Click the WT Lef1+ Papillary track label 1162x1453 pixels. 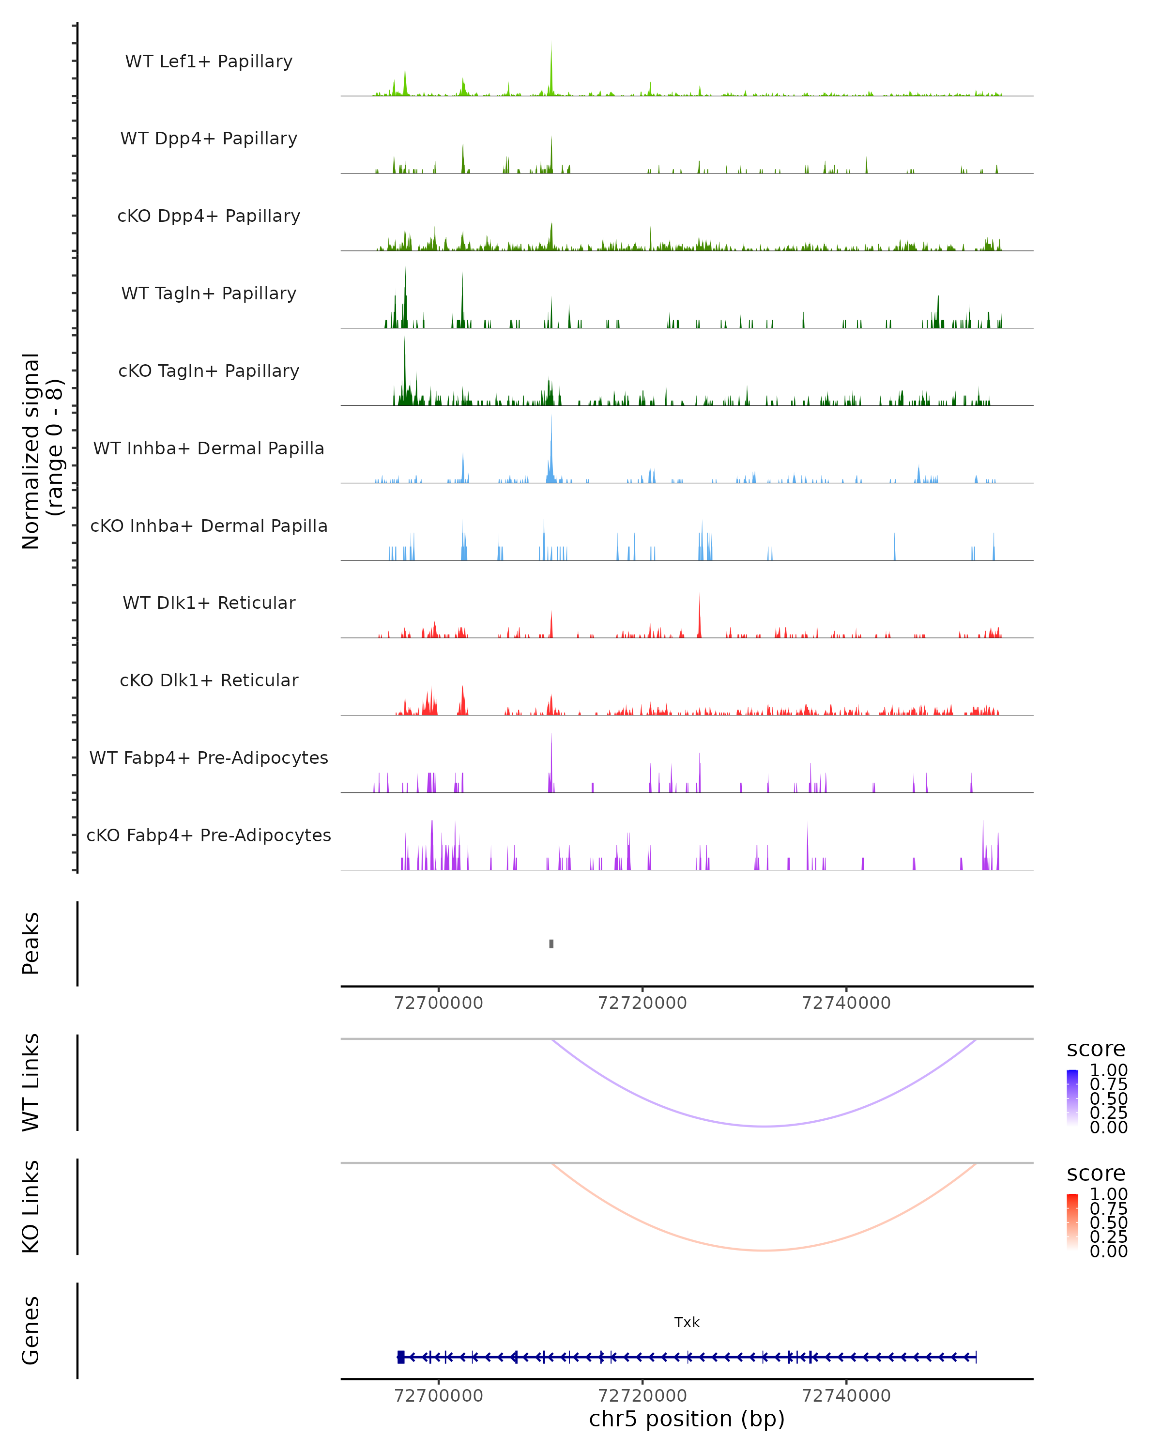pyautogui.click(x=209, y=62)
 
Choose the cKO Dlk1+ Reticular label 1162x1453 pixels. pyautogui.click(x=209, y=680)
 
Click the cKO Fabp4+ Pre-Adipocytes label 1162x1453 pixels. pyautogui.click(x=209, y=835)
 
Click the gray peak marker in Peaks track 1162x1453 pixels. pyautogui.click(x=551, y=943)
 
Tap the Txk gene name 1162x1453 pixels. pyautogui.click(x=687, y=1322)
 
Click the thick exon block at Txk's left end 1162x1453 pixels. pyautogui.click(x=401, y=1357)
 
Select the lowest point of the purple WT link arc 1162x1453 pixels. pyautogui.click(x=763, y=1126)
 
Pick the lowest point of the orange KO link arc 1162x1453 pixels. pyautogui.click(x=763, y=1250)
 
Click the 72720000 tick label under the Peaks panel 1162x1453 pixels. pyautogui.click(x=642, y=1003)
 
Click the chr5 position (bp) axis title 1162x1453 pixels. pyautogui.click(x=687, y=1419)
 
